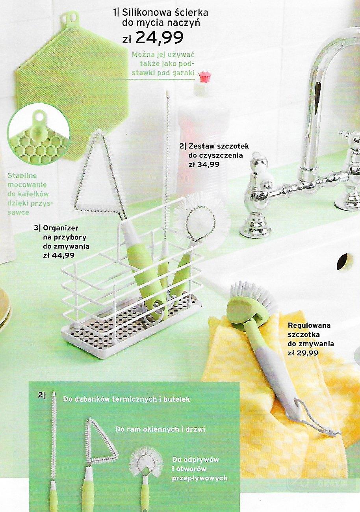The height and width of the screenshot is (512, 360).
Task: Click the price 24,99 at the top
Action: (159, 38)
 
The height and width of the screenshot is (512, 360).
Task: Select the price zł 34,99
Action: (204, 164)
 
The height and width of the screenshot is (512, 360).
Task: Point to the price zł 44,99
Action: (59, 255)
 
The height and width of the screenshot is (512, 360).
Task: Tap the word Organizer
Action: (61, 228)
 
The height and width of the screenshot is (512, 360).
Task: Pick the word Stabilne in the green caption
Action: (22, 176)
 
